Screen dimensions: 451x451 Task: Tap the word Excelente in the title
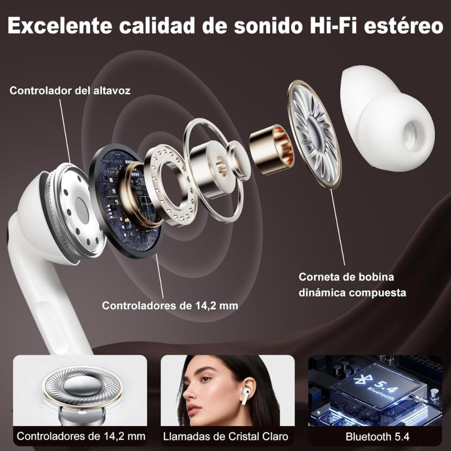(59, 25)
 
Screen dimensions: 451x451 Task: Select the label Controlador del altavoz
(70, 91)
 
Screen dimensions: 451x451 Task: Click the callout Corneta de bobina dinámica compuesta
(352, 284)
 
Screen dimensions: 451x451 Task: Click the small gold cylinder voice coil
(271, 150)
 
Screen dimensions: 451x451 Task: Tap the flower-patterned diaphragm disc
(314, 134)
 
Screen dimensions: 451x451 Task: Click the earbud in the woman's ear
(246, 395)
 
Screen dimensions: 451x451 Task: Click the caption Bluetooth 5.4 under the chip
(378, 436)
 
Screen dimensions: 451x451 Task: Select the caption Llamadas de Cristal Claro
(225, 436)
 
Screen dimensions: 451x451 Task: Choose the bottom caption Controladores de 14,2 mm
(81, 436)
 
